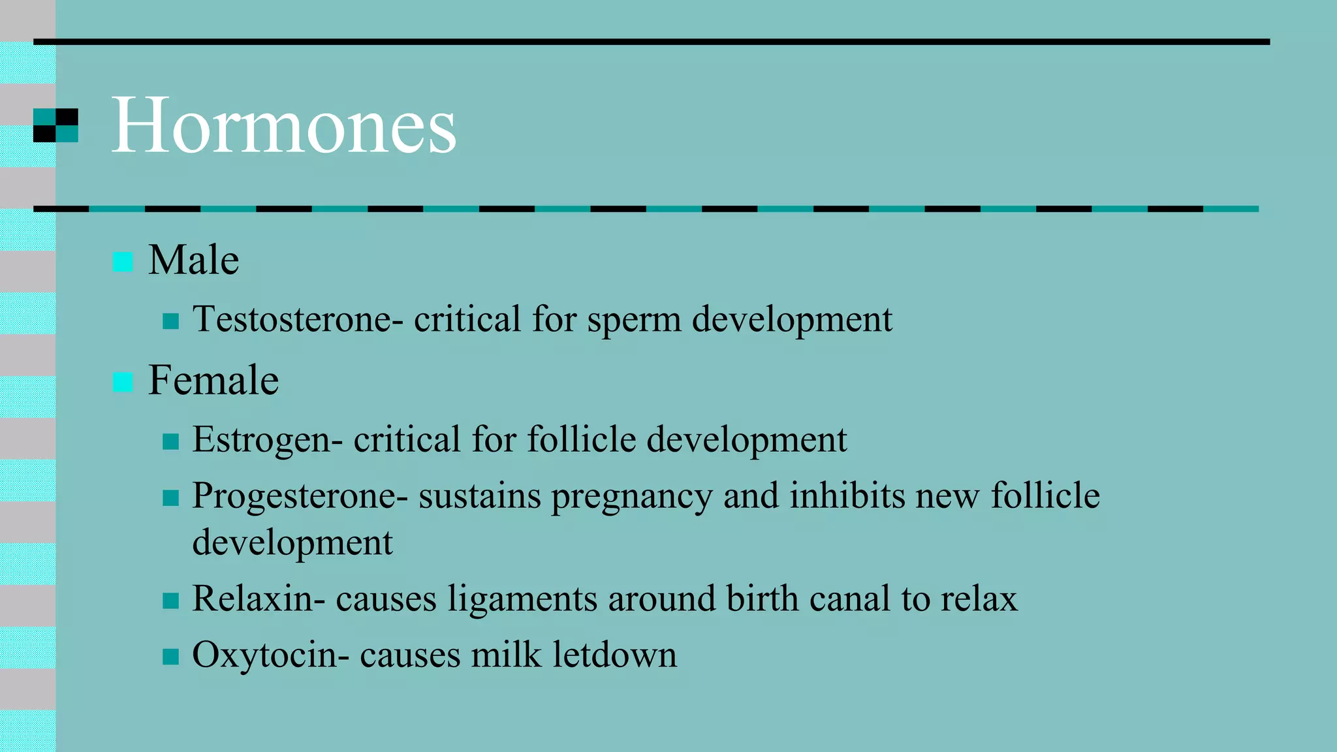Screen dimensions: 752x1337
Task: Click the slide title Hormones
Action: [x=284, y=125]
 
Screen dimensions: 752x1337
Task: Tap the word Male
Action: [x=193, y=260]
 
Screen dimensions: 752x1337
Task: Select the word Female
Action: [x=213, y=381]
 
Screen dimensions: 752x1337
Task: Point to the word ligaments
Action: [x=522, y=599]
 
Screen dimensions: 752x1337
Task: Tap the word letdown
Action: [x=614, y=655]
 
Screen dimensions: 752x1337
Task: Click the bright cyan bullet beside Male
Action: [x=123, y=262]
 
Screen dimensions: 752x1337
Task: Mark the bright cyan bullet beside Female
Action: [x=123, y=382]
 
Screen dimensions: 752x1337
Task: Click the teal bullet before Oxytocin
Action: [x=170, y=656]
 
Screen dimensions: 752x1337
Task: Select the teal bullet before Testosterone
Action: [x=170, y=321]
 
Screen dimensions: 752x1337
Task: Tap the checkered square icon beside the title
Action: [x=56, y=125]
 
